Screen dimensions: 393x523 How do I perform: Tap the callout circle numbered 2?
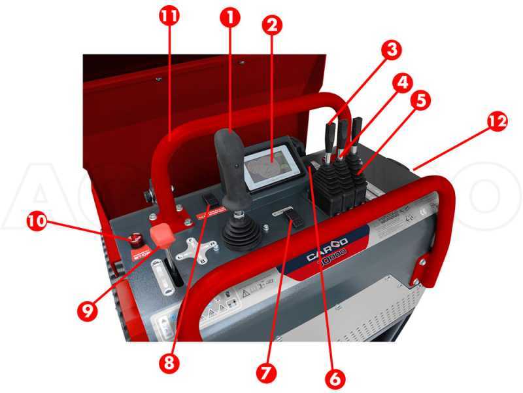point(272,26)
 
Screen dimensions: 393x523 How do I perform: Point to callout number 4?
point(403,83)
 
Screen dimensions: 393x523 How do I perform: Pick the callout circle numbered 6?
point(333,377)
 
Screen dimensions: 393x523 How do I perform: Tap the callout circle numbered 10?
point(37,221)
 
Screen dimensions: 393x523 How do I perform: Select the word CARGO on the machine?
point(326,250)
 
